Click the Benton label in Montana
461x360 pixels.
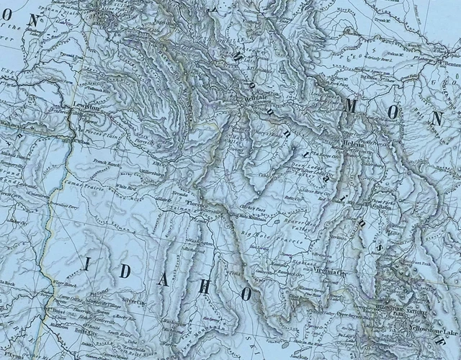[x=447, y=64]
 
